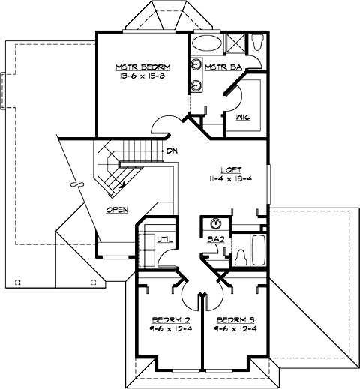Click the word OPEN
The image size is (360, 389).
(x=115, y=210)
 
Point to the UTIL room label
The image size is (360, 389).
(x=166, y=239)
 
